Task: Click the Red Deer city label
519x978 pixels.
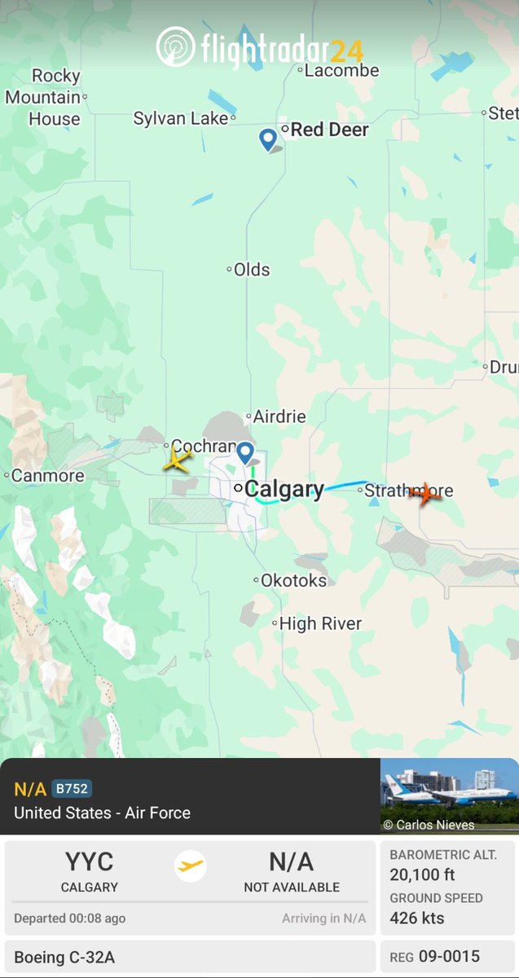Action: point(329,130)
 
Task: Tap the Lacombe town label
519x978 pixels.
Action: point(341,71)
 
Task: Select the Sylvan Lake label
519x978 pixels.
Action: point(181,119)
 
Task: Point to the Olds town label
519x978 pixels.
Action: point(251,270)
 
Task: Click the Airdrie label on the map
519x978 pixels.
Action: point(279,416)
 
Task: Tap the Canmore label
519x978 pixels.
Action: point(47,475)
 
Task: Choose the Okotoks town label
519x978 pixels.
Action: point(293,580)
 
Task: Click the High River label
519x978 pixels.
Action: point(320,623)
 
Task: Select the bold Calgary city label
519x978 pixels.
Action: point(284,489)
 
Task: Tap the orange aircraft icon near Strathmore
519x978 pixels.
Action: point(425,493)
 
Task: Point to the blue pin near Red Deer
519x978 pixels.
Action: point(267,139)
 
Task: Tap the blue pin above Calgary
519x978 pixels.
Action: point(245,452)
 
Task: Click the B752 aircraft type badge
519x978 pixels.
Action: point(72,789)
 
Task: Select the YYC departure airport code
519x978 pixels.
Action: point(90,862)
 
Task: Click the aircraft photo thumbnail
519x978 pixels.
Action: point(449,795)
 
